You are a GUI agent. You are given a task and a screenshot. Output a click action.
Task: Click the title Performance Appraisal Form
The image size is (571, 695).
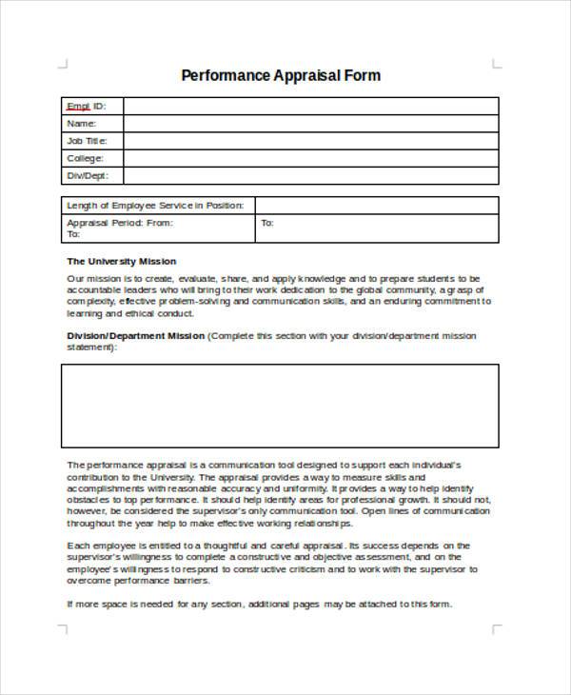(281, 75)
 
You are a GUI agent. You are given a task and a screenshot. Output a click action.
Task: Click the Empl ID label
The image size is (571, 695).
(86, 106)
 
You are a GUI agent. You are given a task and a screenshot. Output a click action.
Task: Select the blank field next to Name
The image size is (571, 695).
(310, 123)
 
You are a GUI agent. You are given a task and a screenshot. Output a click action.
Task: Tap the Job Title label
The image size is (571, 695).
(87, 141)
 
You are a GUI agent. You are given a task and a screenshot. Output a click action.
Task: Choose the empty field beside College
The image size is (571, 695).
(310, 158)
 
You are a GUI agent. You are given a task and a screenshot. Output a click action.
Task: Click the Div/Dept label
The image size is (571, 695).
(88, 176)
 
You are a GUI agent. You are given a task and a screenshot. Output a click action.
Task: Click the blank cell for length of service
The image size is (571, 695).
(376, 206)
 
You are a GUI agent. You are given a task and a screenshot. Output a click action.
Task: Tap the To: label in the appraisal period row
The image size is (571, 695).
(267, 223)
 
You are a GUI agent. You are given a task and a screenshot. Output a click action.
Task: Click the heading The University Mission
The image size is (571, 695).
(121, 261)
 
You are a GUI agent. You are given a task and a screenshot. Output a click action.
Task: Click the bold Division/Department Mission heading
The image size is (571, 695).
(135, 336)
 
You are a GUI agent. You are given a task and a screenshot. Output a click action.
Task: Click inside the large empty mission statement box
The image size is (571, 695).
(280, 406)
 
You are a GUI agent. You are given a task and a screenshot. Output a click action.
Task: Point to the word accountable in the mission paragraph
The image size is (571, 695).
(92, 289)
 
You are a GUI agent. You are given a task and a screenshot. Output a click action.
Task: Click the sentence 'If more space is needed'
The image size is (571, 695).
(260, 604)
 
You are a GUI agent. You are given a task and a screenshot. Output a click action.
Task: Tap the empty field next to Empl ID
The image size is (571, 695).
(310, 106)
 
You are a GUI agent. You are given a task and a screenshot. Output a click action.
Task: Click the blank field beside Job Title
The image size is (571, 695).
(310, 141)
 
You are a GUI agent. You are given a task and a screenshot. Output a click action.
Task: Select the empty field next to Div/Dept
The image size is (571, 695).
(310, 176)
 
